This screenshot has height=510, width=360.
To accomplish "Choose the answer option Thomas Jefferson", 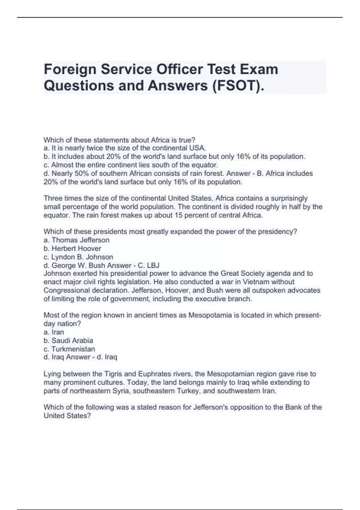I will [80, 240].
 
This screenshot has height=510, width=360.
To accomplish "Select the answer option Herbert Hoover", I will [76, 248].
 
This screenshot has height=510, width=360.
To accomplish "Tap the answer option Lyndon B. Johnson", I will [82, 257].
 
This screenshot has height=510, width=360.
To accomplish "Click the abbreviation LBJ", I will [153, 265].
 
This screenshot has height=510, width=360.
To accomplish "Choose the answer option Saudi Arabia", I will [72, 340].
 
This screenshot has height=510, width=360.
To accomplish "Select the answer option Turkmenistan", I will [73, 349].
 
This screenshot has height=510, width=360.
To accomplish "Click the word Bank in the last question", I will [294, 407].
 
